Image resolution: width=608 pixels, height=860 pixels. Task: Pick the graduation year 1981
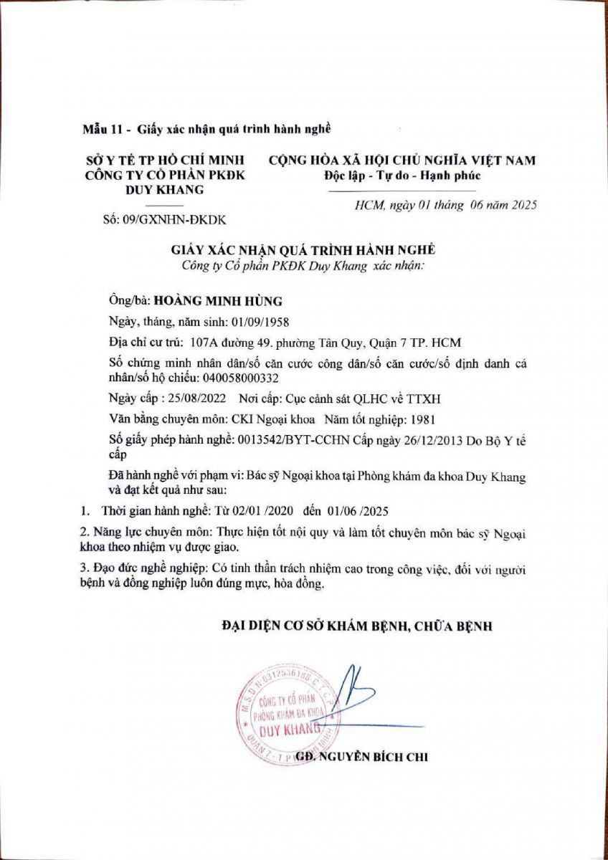(419, 419)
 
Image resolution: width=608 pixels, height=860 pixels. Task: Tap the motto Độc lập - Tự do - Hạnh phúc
(402, 176)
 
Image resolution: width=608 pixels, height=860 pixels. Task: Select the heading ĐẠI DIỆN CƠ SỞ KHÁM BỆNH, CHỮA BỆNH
(356, 626)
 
